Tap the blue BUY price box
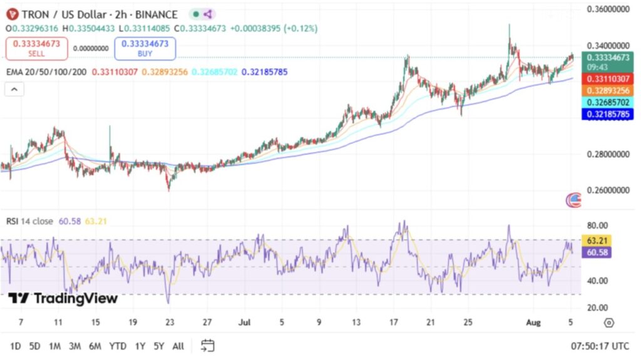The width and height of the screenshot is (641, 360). pyautogui.click(x=145, y=48)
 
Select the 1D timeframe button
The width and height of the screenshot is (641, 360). pyautogui.click(x=16, y=345)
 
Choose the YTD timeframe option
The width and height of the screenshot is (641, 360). pyautogui.click(x=117, y=345)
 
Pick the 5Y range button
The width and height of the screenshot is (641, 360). pyautogui.click(x=158, y=345)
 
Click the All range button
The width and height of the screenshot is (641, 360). pyautogui.click(x=178, y=345)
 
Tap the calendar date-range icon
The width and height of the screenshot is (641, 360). pyautogui.click(x=208, y=345)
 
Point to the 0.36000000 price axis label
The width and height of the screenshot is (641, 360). pyautogui.click(x=607, y=9)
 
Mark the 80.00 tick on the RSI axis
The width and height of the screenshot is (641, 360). pyautogui.click(x=598, y=225)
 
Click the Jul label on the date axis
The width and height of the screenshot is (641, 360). pyautogui.click(x=245, y=322)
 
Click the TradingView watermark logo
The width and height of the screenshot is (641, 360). pyautogui.click(x=63, y=299)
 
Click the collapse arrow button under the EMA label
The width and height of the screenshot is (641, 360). pyautogui.click(x=14, y=90)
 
